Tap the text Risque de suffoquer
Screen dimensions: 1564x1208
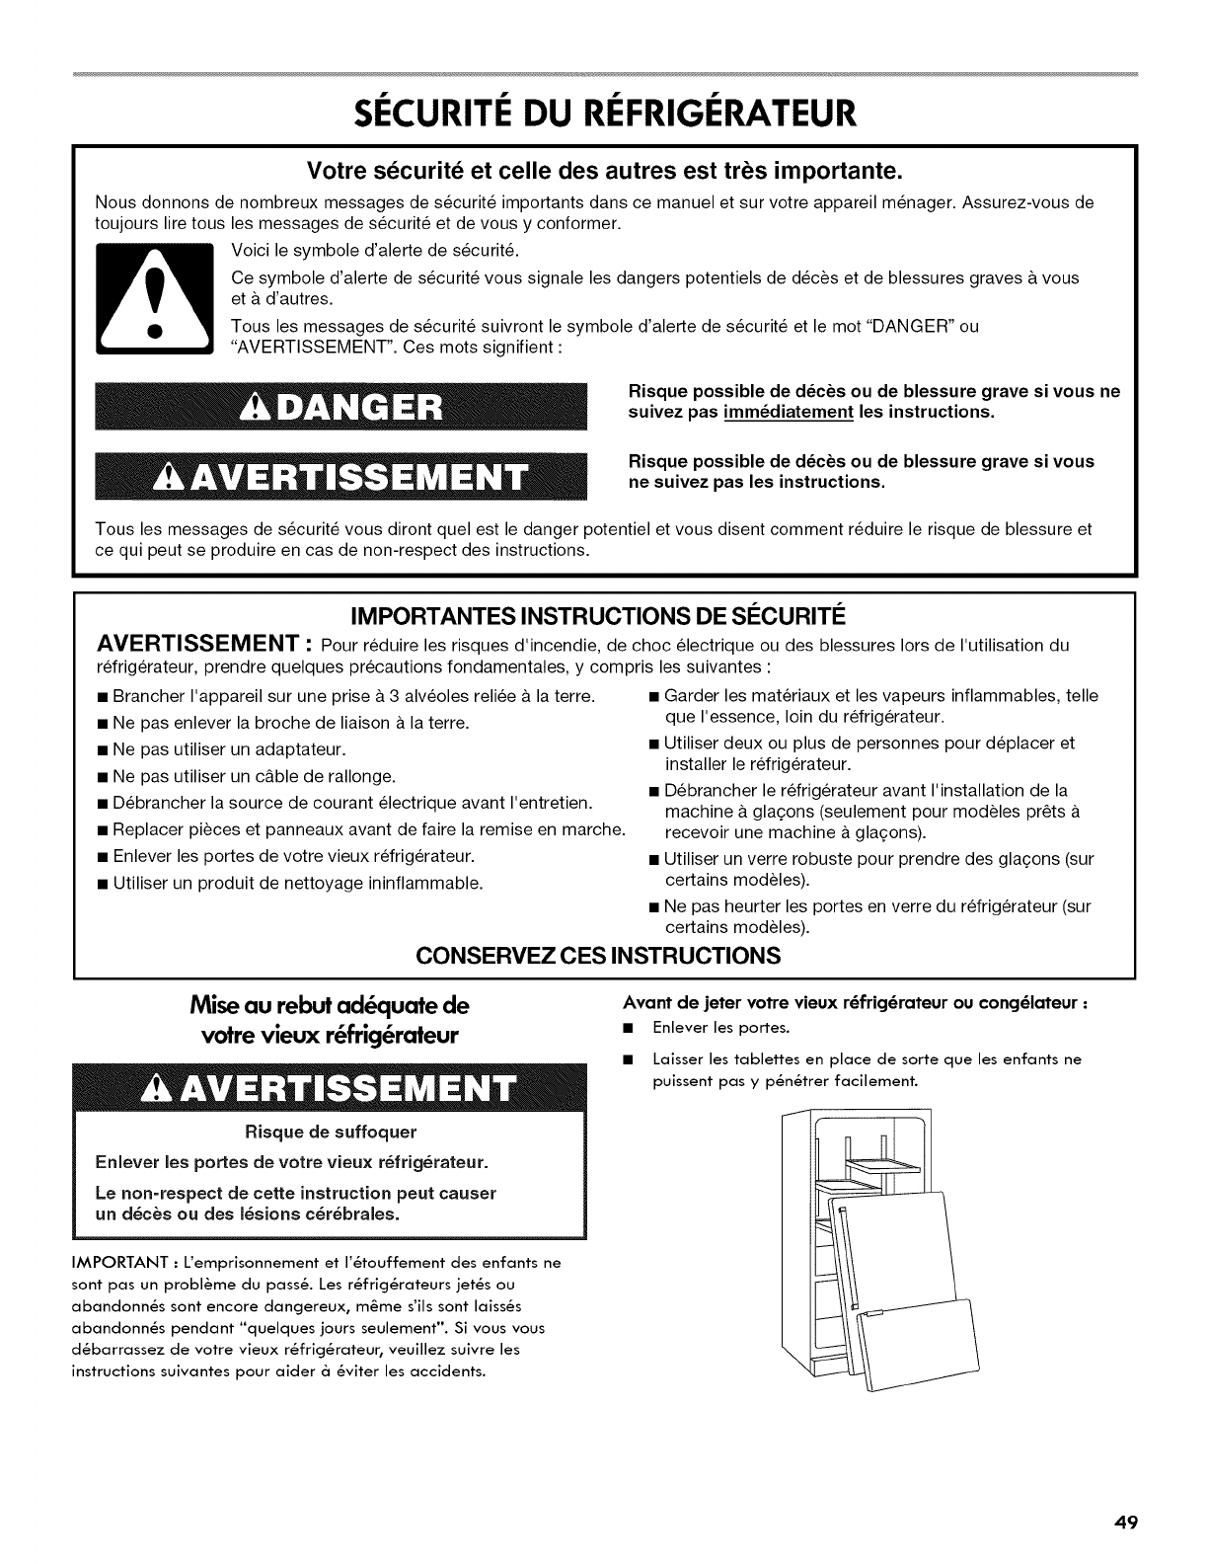tap(334, 1131)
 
